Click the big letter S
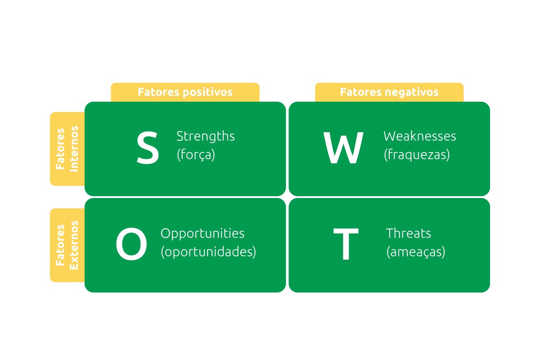point(148,148)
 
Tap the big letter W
point(343,148)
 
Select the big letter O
point(131,244)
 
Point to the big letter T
point(346,244)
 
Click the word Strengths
point(206,136)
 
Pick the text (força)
point(196,154)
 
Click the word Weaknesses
point(420,136)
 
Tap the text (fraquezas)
point(417,154)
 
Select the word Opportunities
point(202,234)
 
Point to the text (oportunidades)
point(208,252)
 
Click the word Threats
point(409,234)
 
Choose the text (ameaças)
point(416,252)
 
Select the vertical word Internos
point(74,149)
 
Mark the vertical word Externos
point(74,245)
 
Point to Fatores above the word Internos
point(60,149)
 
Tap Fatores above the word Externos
point(60,245)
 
